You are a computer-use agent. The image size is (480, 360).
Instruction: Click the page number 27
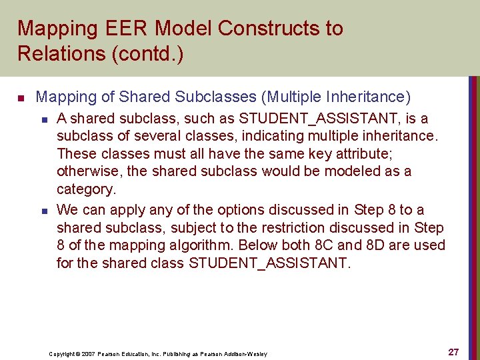pos(453,352)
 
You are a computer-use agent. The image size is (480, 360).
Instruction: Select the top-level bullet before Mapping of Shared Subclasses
pos(21,98)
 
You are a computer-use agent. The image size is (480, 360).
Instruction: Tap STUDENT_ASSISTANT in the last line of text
pos(269,263)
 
